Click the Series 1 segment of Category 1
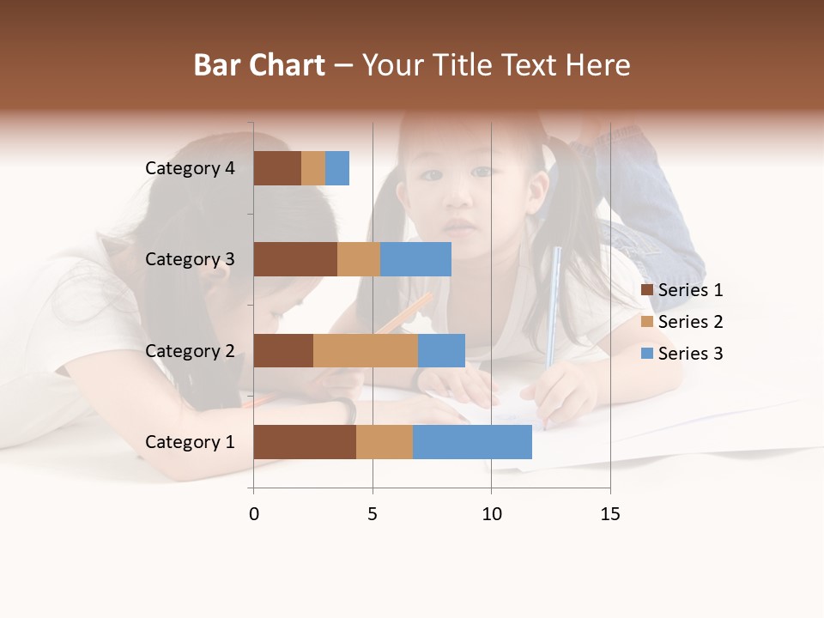coord(305,442)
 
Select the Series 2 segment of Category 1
coord(385,442)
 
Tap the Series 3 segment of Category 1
coord(472,442)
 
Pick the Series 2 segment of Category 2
coord(366,350)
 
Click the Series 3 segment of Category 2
coord(441,350)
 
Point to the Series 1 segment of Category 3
coord(295,259)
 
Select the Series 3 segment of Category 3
coord(415,259)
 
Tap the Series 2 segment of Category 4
coord(313,168)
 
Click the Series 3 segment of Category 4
coord(337,168)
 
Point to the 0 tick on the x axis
coord(254,514)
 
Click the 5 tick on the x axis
coord(373,514)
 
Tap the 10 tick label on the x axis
coord(491,514)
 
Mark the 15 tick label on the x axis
coord(610,514)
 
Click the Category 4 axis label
coord(190,168)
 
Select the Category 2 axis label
coord(190,350)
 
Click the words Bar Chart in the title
coord(259,65)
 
